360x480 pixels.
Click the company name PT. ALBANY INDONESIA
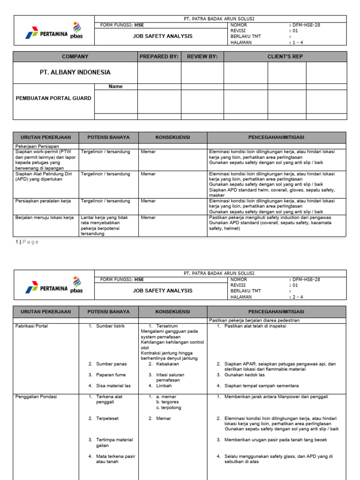click(75, 72)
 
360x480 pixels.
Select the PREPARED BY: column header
click(159, 57)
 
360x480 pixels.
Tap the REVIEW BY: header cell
click(202, 57)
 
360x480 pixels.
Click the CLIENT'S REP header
click(285, 57)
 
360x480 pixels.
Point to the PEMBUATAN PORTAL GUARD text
click(54, 98)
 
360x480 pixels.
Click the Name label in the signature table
click(115, 87)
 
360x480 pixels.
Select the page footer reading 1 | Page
click(27, 242)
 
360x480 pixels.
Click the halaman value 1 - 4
click(299, 42)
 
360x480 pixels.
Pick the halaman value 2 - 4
click(299, 297)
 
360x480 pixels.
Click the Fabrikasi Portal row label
click(32, 326)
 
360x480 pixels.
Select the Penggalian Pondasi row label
click(36, 397)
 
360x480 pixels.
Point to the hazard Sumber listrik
click(110, 326)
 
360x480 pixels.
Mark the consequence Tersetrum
click(167, 326)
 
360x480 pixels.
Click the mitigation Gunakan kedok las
click(247, 375)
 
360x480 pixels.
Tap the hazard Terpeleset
click(108, 418)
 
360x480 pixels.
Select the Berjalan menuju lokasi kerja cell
click(45, 217)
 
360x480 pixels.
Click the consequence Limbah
click(164, 386)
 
